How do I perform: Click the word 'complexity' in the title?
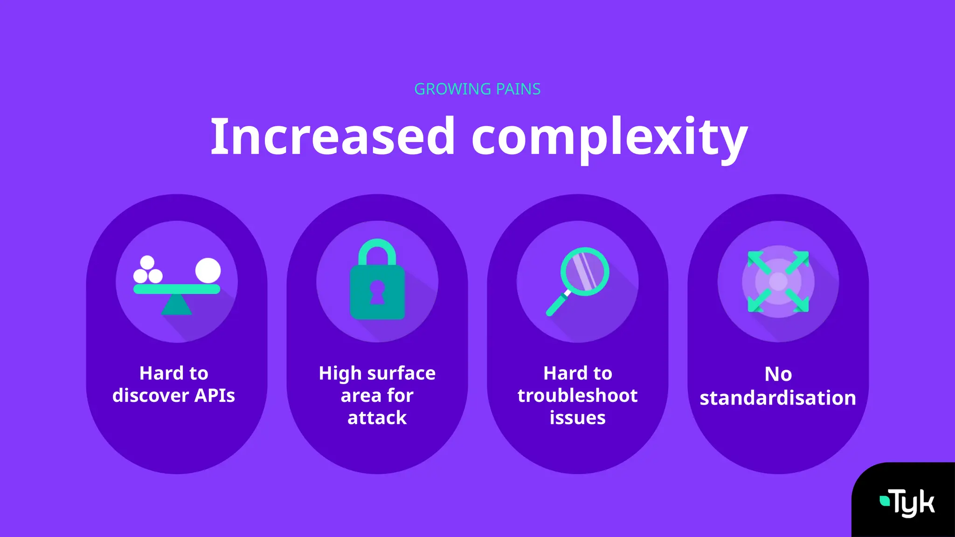pyautogui.click(x=609, y=138)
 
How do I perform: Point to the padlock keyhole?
pyautogui.click(x=377, y=291)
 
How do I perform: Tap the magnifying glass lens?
pyautogui.click(x=585, y=271)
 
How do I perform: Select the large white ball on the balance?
pyautogui.click(x=208, y=270)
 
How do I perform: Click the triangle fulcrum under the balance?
pyautogui.click(x=177, y=305)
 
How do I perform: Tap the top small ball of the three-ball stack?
pyautogui.click(x=147, y=262)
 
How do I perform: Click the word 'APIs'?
pyautogui.click(x=215, y=396)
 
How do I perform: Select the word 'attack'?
pyautogui.click(x=377, y=418)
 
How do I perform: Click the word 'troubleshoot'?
pyautogui.click(x=577, y=396)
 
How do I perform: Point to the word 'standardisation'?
pyautogui.click(x=778, y=398)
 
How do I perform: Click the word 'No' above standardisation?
pyautogui.click(x=778, y=374)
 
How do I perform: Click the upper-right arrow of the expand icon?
pyautogui.click(x=798, y=262)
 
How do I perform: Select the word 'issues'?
pyautogui.click(x=577, y=418)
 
